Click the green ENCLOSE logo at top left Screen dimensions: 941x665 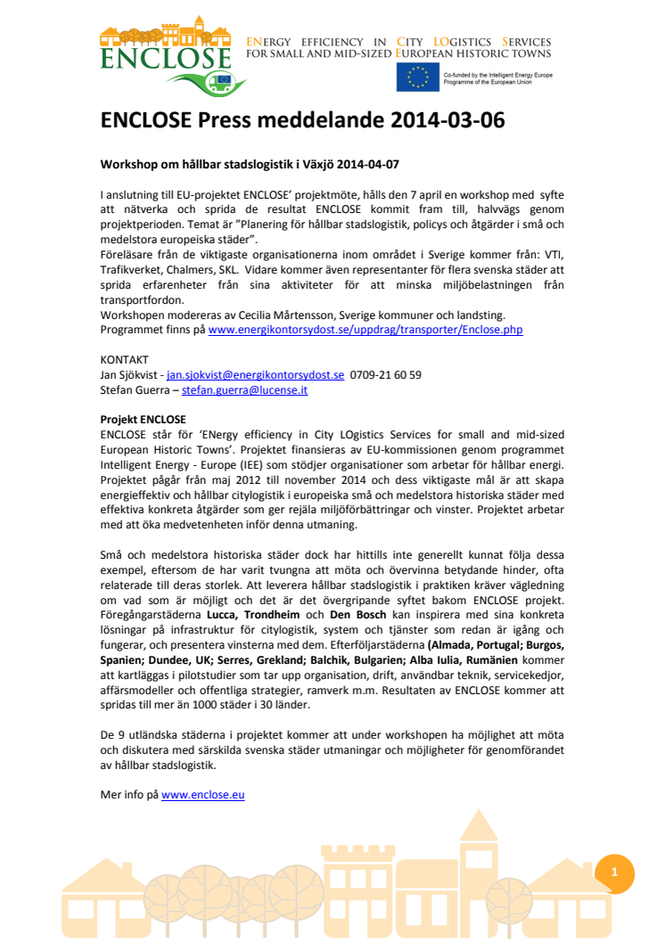(x=166, y=59)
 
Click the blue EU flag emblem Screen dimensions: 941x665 (x=417, y=78)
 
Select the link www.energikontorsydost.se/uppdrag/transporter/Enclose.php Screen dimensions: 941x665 (x=365, y=330)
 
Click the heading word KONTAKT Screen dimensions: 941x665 (x=125, y=360)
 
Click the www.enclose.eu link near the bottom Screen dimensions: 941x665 (x=202, y=794)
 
